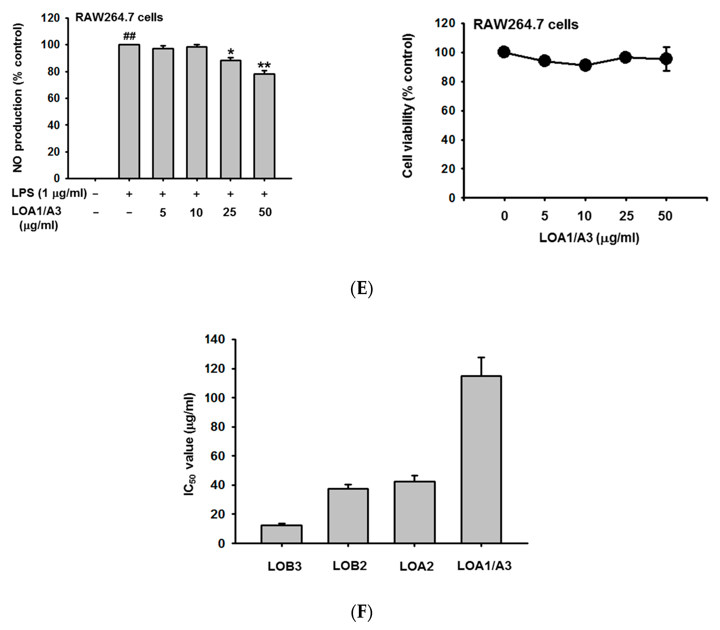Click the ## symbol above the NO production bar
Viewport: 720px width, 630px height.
click(x=129, y=36)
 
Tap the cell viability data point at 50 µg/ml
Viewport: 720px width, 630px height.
click(x=666, y=59)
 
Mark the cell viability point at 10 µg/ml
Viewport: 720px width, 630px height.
click(x=585, y=65)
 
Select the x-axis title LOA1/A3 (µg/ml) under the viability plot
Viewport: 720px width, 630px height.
click(x=589, y=238)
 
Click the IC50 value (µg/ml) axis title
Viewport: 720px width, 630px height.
click(x=189, y=445)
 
